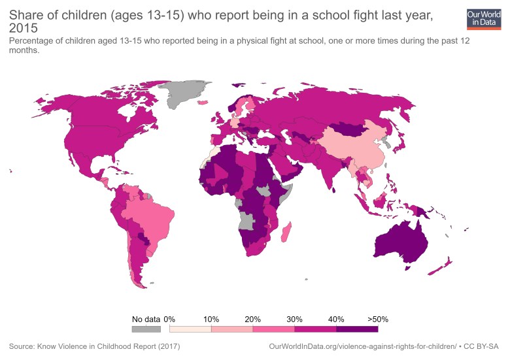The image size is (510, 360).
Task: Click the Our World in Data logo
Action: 483,19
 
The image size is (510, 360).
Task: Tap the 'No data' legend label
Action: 146,319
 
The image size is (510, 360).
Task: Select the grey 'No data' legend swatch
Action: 146,329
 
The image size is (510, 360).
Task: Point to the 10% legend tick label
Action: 211,319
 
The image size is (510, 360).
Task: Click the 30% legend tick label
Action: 294,319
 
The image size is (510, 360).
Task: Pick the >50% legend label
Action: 377,319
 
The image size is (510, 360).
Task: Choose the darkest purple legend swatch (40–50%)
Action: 357,329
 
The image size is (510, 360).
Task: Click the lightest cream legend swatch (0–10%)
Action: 190,329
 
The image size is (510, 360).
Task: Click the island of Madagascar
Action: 286,232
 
